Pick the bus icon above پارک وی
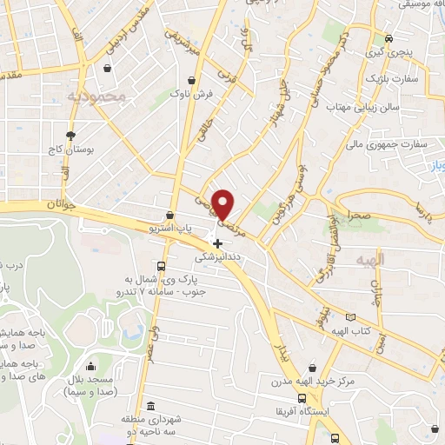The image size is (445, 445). pyautogui.click(x=162, y=266)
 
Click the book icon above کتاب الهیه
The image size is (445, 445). pyautogui.click(x=351, y=318)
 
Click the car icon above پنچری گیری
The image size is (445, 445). pyautogui.click(x=389, y=38)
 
